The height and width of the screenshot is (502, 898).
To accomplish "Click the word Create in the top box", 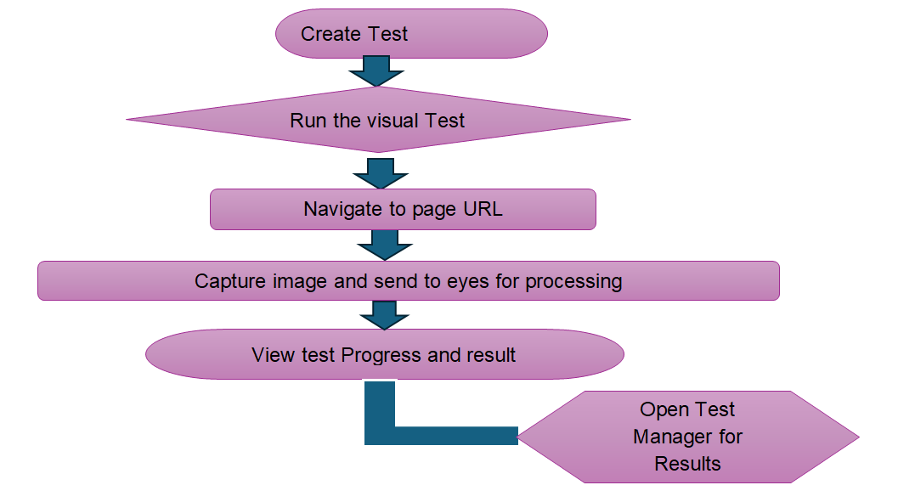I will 327,35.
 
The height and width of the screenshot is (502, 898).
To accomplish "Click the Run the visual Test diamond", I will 377,120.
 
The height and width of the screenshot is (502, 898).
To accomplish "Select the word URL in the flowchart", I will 483,209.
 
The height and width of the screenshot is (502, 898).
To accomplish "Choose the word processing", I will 573,281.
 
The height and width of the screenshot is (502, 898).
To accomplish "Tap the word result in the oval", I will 490,354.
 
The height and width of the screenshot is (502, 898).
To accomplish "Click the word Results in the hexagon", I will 687,464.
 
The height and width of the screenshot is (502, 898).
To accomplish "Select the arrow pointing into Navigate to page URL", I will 381,172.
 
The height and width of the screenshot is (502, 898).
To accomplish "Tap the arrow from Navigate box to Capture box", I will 384,245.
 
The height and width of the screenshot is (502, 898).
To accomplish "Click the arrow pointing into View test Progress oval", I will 384,315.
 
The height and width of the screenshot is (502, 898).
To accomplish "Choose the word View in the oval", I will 274,354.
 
